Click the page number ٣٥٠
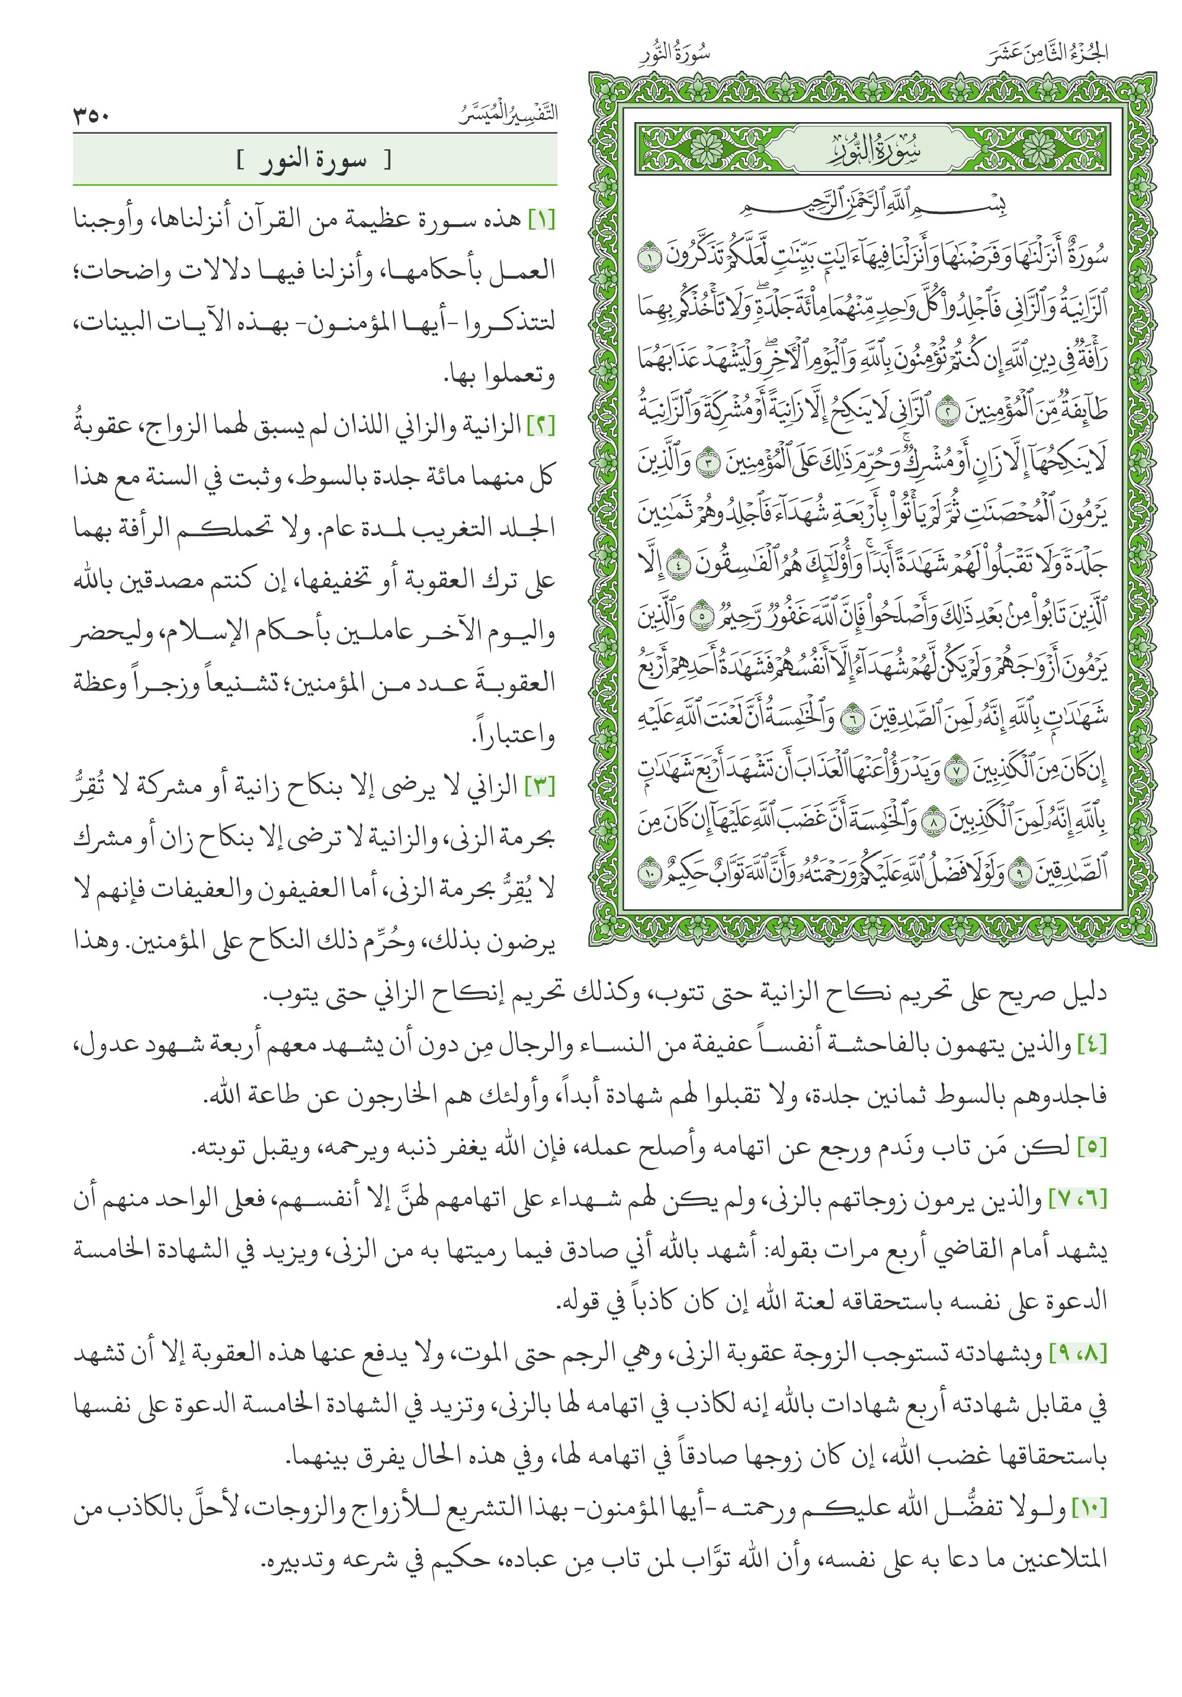coord(92,115)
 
